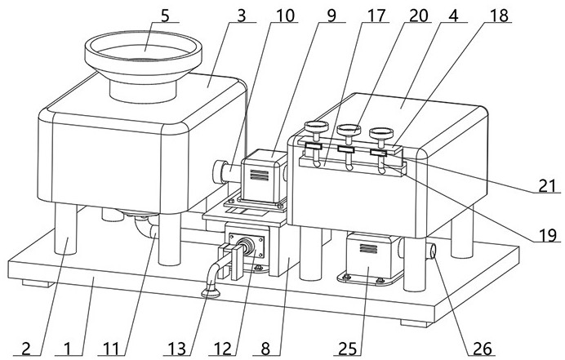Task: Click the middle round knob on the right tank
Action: (x=346, y=130)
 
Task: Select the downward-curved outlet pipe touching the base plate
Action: (x=211, y=278)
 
